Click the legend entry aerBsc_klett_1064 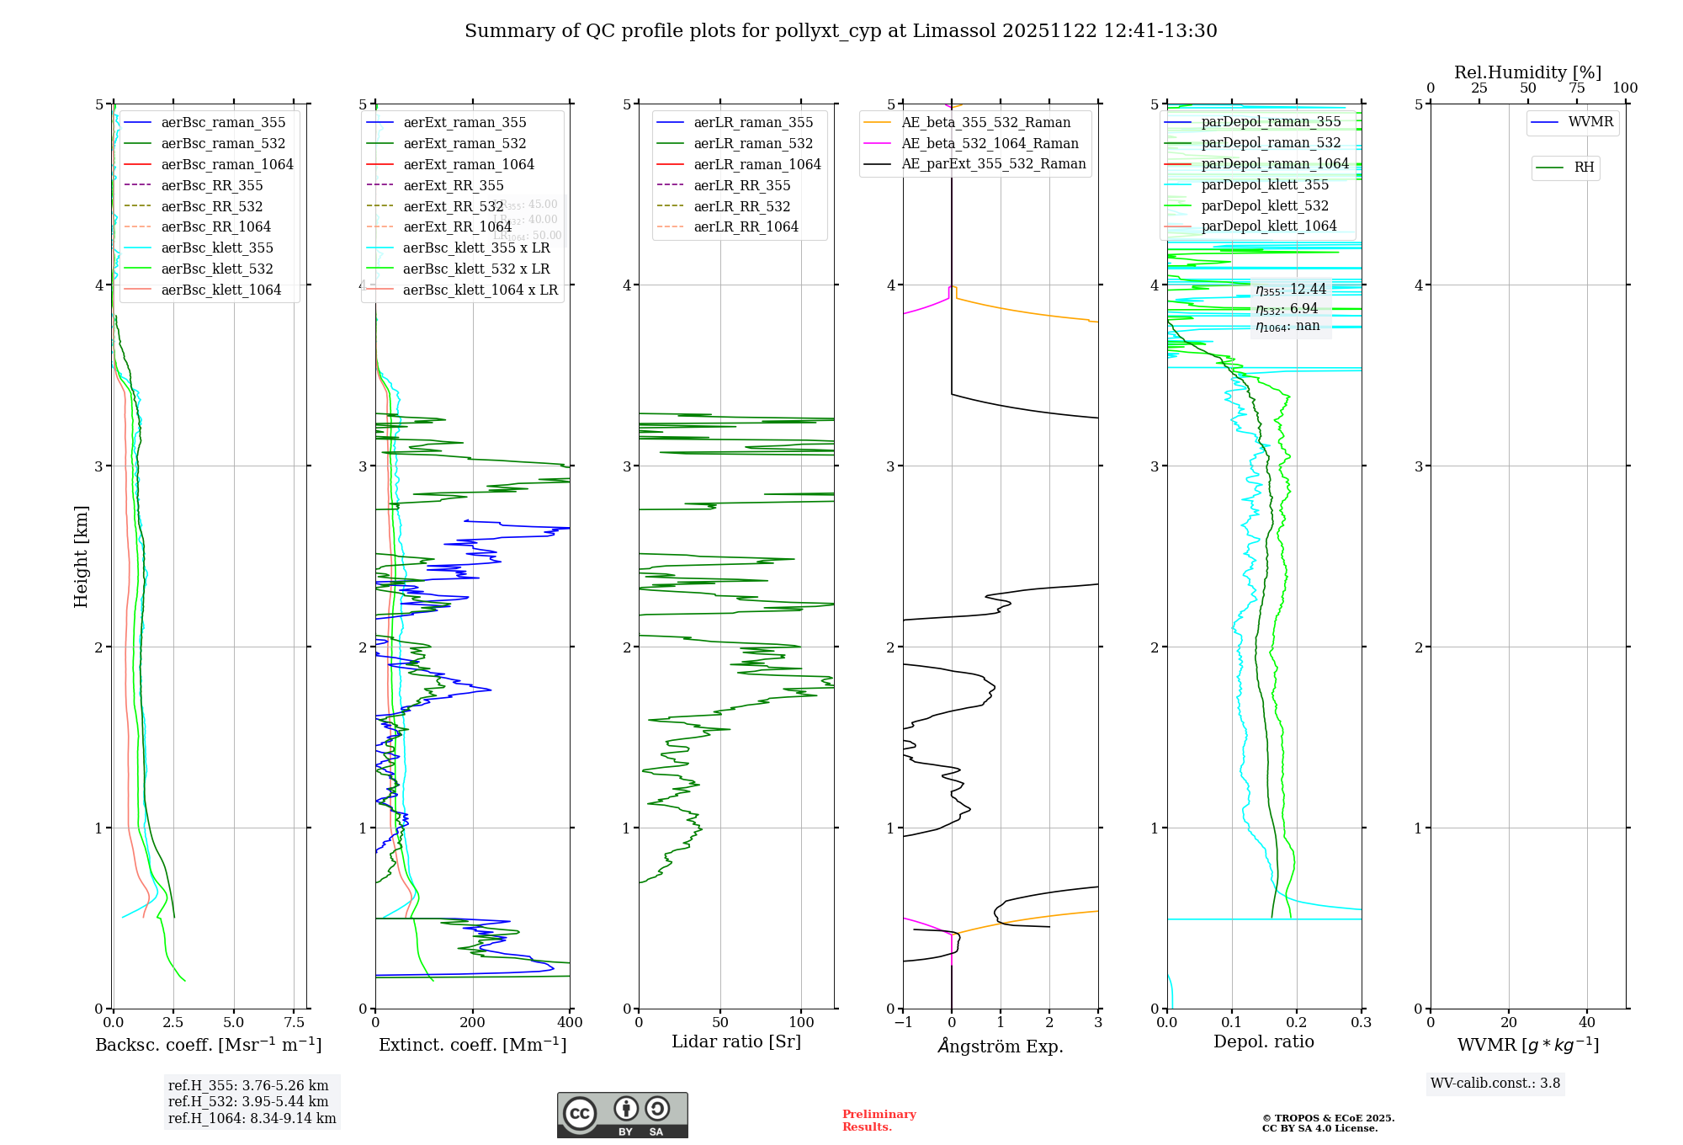click(x=220, y=290)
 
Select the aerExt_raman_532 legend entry click(x=464, y=143)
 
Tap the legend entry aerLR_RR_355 click(x=741, y=185)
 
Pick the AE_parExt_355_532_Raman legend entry click(x=993, y=163)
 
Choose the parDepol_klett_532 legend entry click(x=1264, y=205)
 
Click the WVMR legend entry click(x=1590, y=122)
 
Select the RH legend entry click(x=1583, y=168)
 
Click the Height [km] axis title click(x=81, y=557)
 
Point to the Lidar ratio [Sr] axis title click(x=736, y=1041)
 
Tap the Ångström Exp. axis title click(x=1001, y=1046)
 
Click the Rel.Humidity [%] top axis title click(x=1527, y=72)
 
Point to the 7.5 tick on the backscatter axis click(x=294, y=1022)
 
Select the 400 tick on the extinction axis click(x=570, y=1022)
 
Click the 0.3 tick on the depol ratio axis click(x=1361, y=1022)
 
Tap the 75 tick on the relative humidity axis click(x=1576, y=88)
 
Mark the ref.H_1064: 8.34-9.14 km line click(x=252, y=1118)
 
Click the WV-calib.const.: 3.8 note click(x=1495, y=1083)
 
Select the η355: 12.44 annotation click(x=1290, y=290)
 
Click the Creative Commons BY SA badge click(x=622, y=1115)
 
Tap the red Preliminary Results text click(x=879, y=1120)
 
